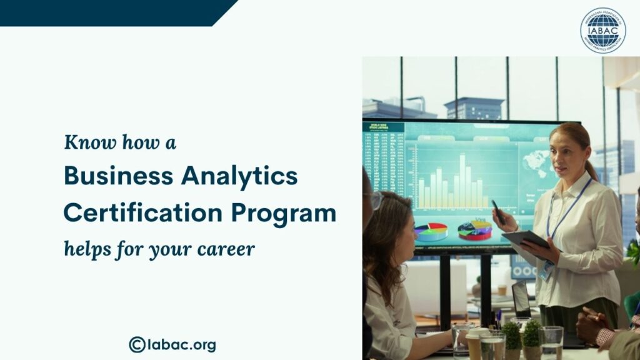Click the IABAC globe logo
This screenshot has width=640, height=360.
[x=602, y=31]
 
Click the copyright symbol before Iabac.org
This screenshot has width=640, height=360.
[x=137, y=344]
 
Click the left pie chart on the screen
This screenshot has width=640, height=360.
[x=431, y=231]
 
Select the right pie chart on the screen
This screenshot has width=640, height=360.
[x=474, y=230]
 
